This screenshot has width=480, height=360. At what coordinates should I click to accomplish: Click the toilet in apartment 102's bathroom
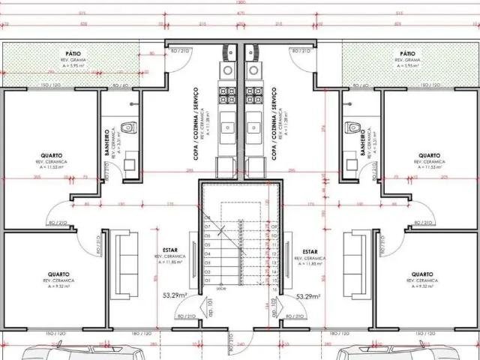click(348, 130)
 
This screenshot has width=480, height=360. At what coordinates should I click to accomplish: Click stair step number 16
click(276, 289)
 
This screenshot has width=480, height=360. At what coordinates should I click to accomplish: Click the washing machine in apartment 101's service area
click(226, 165)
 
